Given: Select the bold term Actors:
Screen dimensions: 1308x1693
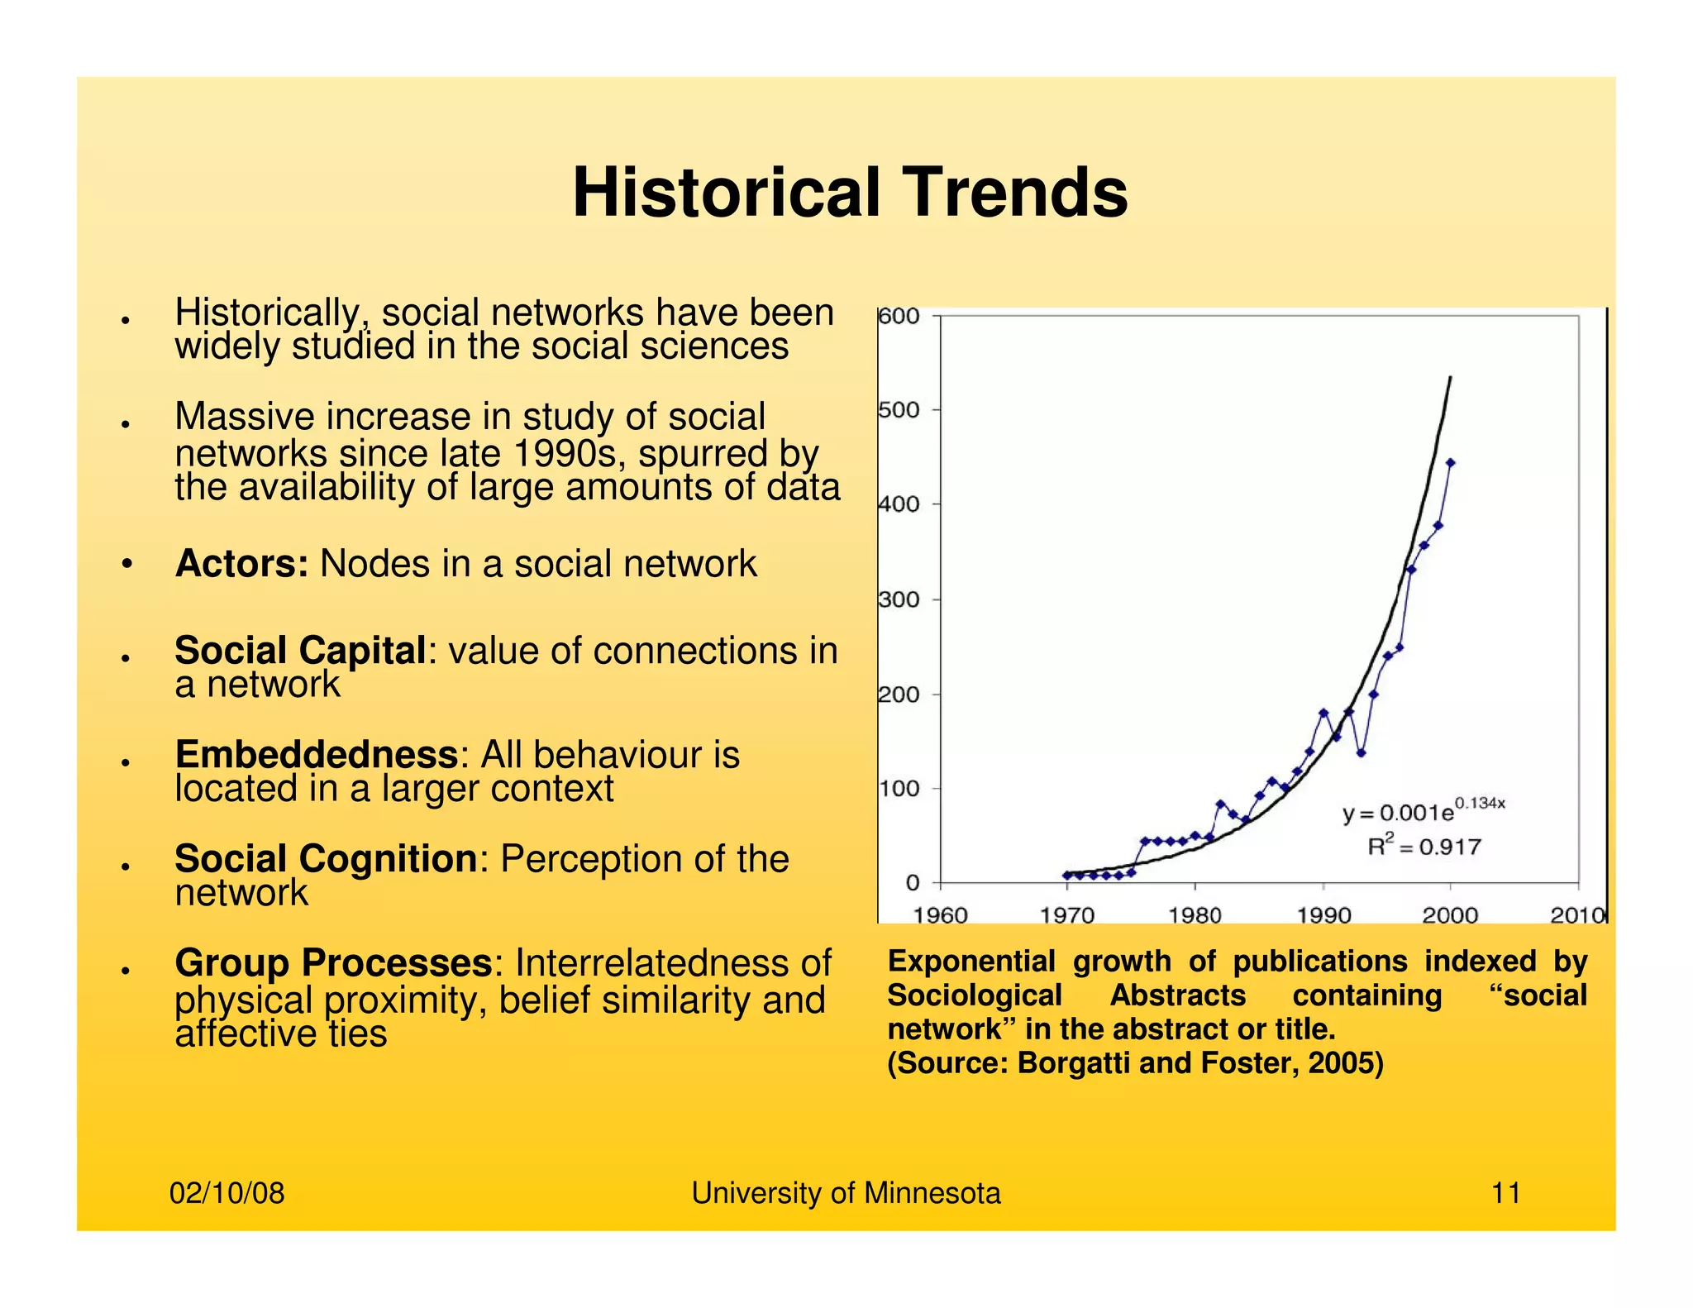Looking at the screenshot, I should (x=241, y=564).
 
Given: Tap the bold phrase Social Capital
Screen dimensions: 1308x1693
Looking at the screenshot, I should (x=299, y=651).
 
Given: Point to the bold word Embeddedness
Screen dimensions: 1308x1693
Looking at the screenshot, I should (x=316, y=755).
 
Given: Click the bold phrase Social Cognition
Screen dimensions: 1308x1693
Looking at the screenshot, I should (x=325, y=859).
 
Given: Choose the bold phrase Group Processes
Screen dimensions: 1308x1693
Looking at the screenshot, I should (x=332, y=963).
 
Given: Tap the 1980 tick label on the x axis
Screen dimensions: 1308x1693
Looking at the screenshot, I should (x=1195, y=915).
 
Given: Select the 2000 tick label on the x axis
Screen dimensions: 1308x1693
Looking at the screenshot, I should (x=1450, y=915).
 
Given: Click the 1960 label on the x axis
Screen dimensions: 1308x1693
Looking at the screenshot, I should (x=941, y=915).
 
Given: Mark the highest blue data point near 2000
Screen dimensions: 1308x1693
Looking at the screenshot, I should (x=1450, y=463).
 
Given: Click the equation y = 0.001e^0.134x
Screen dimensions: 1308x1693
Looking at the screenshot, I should (x=1422, y=811).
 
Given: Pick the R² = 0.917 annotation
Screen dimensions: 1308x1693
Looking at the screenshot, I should (x=1424, y=847).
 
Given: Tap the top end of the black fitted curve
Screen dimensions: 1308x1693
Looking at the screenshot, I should (x=1451, y=379).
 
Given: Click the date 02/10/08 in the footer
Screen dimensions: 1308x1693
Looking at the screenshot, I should (x=227, y=1193).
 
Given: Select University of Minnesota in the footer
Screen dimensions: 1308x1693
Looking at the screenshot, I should (x=846, y=1193).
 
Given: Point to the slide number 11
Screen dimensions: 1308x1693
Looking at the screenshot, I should (x=1505, y=1193).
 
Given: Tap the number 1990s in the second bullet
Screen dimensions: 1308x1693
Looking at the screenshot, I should (x=570, y=454).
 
